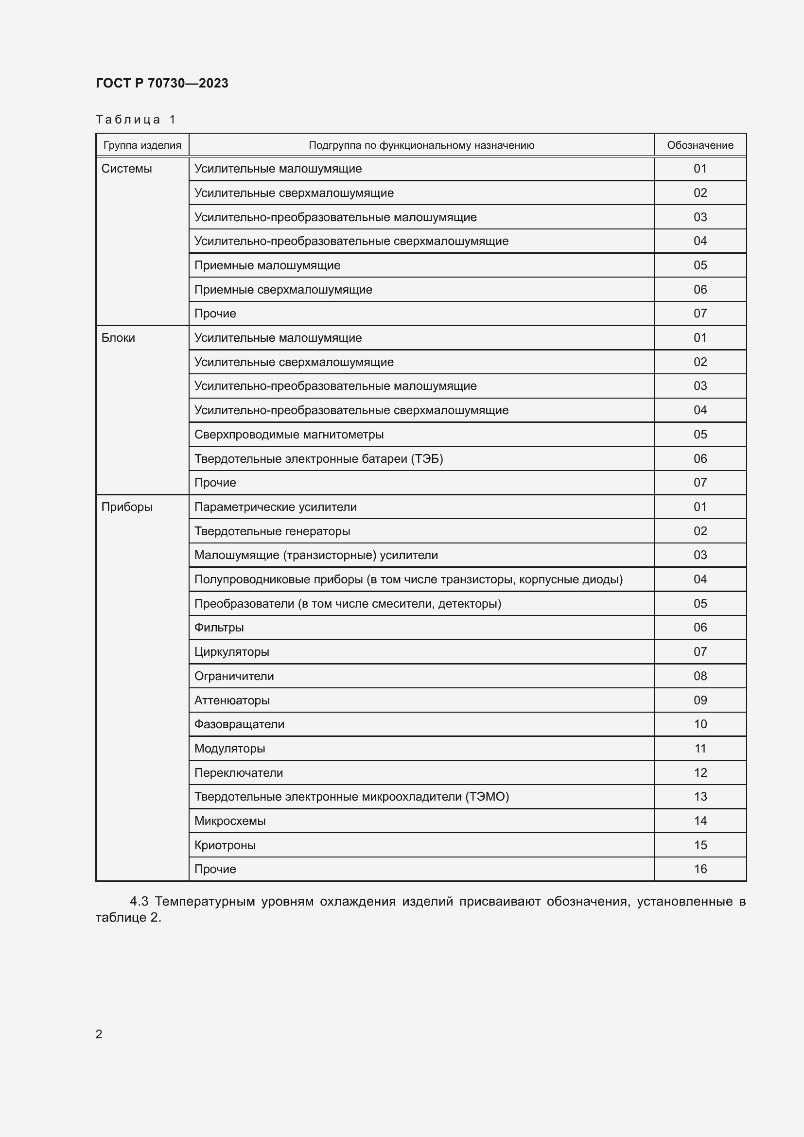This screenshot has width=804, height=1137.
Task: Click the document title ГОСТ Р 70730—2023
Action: click(x=162, y=83)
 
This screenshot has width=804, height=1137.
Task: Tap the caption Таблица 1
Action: click(x=136, y=120)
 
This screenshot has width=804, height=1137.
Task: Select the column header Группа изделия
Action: click(x=142, y=145)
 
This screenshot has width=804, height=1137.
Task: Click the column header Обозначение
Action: click(x=699, y=145)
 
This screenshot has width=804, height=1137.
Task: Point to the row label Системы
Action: click(x=126, y=169)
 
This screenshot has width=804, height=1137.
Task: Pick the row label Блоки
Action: click(x=118, y=338)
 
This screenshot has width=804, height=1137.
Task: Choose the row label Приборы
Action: click(x=127, y=507)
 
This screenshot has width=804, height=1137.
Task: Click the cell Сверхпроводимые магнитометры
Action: click(x=289, y=434)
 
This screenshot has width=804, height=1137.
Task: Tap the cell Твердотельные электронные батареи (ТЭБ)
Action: click(x=318, y=458)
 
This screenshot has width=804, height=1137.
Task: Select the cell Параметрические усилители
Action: click(x=275, y=507)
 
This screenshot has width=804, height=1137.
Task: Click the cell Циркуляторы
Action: click(x=232, y=652)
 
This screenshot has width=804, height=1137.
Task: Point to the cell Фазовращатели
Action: click(x=239, y=724)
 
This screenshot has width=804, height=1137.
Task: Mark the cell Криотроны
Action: click(x=225, y=845)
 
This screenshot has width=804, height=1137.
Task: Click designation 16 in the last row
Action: click(x=700, y=869)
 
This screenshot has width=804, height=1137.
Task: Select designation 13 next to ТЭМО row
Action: click(x=700, y=796)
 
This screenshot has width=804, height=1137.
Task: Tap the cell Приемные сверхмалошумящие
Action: click(x=283, y=290)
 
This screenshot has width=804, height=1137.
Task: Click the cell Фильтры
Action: click(x=219, y=628)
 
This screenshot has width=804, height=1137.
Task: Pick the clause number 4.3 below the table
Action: click(x=139, y=901)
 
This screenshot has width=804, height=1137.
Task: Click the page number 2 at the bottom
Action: click(x=99, y=1034)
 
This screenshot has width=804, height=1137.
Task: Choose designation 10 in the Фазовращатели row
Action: click(x=700, y=724)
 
